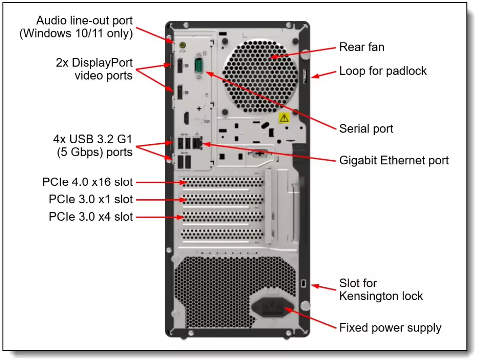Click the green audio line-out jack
click(x=183, y=45)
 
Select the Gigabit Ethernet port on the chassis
click(x=197, y=143)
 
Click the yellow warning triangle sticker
click(x=284, y=118)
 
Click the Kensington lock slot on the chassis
click(x=303, y=283)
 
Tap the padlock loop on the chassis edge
click(x=305, y=76)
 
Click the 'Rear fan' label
click(x=362, y=47)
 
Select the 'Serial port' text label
click(x=366, y=129)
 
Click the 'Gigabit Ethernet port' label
click(x=394, y=160)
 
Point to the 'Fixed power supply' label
click(x=390, y=327)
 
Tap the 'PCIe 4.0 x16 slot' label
click(x=88, y=182)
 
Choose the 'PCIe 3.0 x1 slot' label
click(x=91, y=199)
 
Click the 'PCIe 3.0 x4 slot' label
click(x=91, y=217)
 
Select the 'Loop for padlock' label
click(x=383, y=71)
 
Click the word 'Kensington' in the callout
click(x=369, y=296)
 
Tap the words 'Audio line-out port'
click(x=84, y=21)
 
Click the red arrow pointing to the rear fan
click(x=303, y=52)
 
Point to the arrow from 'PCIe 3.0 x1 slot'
click(x=161, y=200)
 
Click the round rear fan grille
click(x=260, y=77)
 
